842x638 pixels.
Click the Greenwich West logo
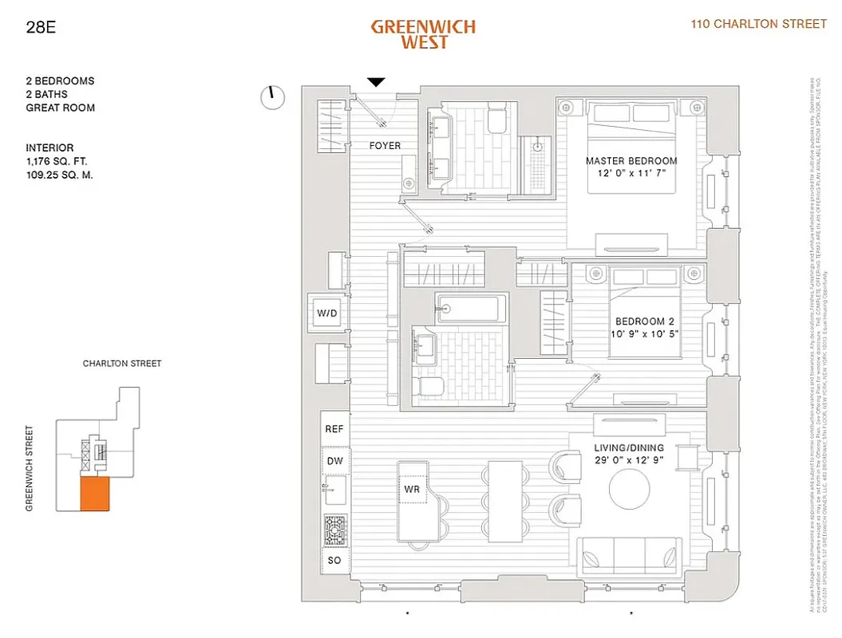[423, 34]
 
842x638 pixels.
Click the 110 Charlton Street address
[758, 24]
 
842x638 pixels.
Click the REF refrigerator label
[334, 429]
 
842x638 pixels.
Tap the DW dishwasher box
[334, 461]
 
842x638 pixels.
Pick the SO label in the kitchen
[334, 561]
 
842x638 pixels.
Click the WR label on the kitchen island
[412, 489]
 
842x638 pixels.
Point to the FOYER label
[385, 146]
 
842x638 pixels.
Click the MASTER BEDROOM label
[631, 161]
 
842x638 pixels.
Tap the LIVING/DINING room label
[628, 448]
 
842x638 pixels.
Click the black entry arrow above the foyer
[376, 81]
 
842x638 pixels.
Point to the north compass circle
[273, 97]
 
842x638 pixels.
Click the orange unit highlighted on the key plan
[93, 494]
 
